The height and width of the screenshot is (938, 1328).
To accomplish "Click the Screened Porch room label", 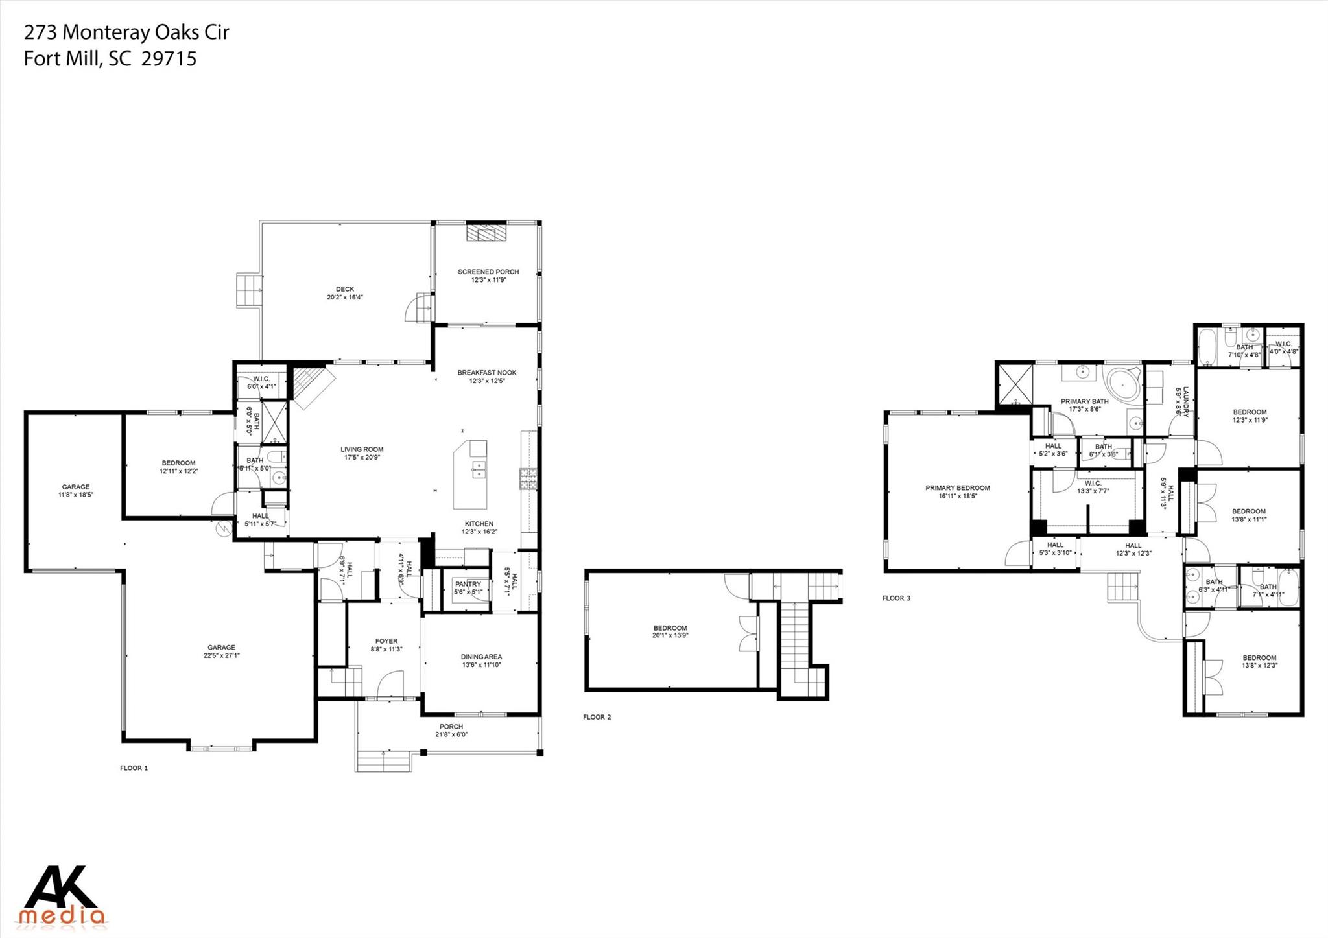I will click(488, 272).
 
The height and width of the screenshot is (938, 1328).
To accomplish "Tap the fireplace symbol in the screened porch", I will click(487, 233).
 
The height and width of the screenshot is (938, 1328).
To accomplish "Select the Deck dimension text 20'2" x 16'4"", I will click(345, 298).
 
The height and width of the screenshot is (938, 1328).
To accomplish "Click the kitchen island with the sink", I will click(471, 473).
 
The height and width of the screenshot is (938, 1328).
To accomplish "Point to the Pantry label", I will click(468, 584).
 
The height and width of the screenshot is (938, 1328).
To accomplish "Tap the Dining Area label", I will click(481, 656).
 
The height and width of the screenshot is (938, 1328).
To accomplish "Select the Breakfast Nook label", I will click(487, 373).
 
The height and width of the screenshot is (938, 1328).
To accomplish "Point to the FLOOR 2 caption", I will click(597, 717).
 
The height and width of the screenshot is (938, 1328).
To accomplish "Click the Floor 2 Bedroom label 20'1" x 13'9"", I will click(670, 628).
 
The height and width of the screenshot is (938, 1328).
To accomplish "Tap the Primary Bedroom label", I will click(957, 488).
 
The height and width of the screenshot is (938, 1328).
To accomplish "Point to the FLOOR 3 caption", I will click(896, 598).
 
